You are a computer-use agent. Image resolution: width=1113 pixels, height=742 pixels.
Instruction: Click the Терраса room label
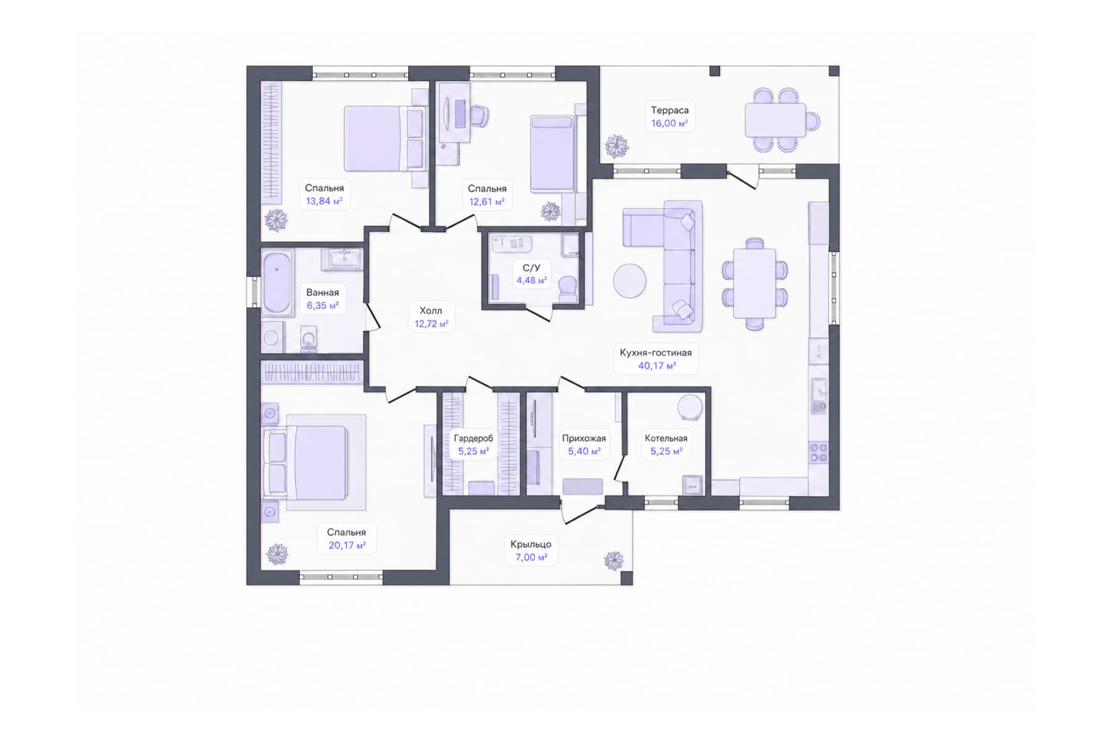point(670,111)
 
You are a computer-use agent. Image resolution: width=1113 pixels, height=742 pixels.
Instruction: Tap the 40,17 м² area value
point(657,366)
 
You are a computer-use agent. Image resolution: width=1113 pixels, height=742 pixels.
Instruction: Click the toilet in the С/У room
point(567,289)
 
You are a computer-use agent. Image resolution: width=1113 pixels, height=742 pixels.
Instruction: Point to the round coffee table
point(629,281)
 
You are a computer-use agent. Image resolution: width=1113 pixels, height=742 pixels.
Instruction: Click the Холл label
point(431,310)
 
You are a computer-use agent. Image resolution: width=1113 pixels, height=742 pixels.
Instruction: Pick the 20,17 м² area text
point(347,545)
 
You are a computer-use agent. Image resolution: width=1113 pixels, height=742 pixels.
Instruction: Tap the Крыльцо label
point(531,544)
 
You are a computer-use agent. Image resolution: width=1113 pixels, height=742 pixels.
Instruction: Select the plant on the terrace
point(616,147)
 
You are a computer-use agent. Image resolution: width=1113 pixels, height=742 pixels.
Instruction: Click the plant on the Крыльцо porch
point(614,560)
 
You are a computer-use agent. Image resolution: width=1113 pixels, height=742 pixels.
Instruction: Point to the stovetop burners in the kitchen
point(819,453)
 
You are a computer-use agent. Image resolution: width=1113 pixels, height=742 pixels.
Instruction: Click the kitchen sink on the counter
point(819,396)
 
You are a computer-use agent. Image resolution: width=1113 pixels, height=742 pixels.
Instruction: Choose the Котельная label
point(666,438)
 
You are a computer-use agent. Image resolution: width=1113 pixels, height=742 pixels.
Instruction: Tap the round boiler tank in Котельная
point(689,408)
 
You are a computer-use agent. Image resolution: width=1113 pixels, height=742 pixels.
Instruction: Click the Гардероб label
point(474,438)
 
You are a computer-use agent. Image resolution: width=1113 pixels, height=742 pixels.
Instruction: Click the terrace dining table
point(775,120)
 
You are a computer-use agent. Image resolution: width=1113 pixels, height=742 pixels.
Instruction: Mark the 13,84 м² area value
point(324,201)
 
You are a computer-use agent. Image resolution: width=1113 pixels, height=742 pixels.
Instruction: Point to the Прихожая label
point(584,438)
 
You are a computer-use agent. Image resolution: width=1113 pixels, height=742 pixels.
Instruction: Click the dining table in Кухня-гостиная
point(754,283)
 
